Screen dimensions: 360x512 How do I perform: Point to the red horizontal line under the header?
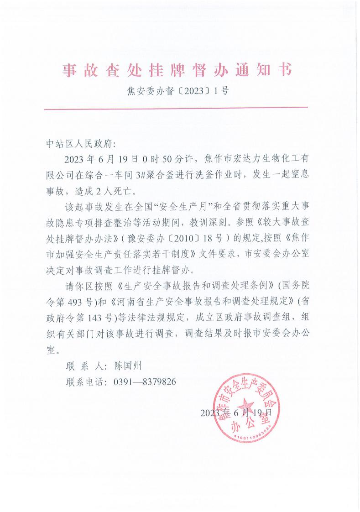[176, 108]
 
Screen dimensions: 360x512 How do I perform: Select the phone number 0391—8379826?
[144, 381]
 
